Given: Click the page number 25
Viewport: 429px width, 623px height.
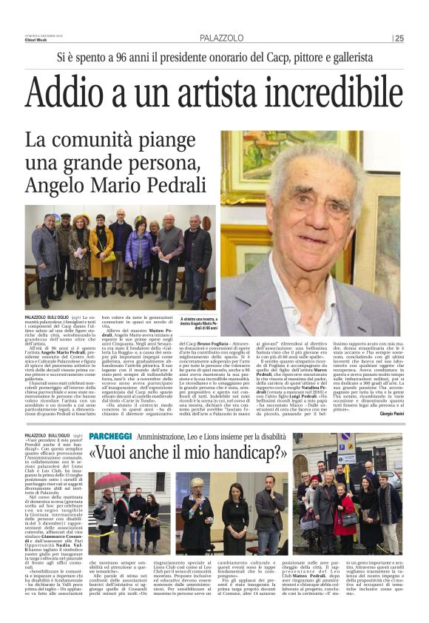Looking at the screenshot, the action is [x=399, y=38].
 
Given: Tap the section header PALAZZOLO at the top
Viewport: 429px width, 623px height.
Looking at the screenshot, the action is [x=220, y=38].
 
